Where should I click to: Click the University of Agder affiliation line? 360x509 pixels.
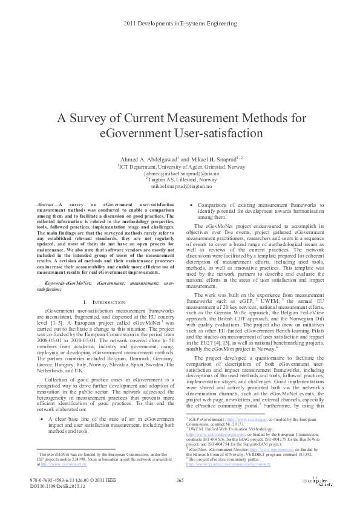tap(180, 167)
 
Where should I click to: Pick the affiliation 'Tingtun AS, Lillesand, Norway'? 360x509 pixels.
tap(181, 180)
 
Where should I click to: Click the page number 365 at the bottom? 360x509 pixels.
tap(180, 479)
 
